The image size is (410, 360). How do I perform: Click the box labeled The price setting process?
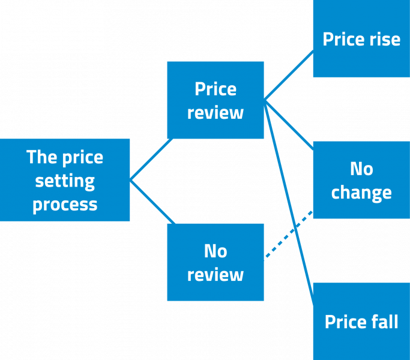click(65, 180)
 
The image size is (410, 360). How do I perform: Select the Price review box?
click(215, 100)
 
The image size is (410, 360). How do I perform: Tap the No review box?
click(215, 262)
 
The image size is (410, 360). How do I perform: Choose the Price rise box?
click(361, 38)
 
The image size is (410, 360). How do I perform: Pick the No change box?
click(361, 180)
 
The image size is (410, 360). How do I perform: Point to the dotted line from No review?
click(289, 235)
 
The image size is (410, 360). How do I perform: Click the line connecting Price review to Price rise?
click(289, 75)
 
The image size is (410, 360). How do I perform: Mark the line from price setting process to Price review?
click(151, 160)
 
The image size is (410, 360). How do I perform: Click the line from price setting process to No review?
click(152, 202)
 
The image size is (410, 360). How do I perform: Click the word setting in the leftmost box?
click(65, 181)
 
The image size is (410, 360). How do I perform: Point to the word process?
click(65, 205)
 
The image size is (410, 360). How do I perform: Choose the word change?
click(361, 193)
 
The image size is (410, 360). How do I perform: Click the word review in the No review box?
click(215, 275)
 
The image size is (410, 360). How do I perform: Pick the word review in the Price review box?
click(215, 113)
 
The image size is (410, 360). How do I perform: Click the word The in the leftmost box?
click(41, 157)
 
